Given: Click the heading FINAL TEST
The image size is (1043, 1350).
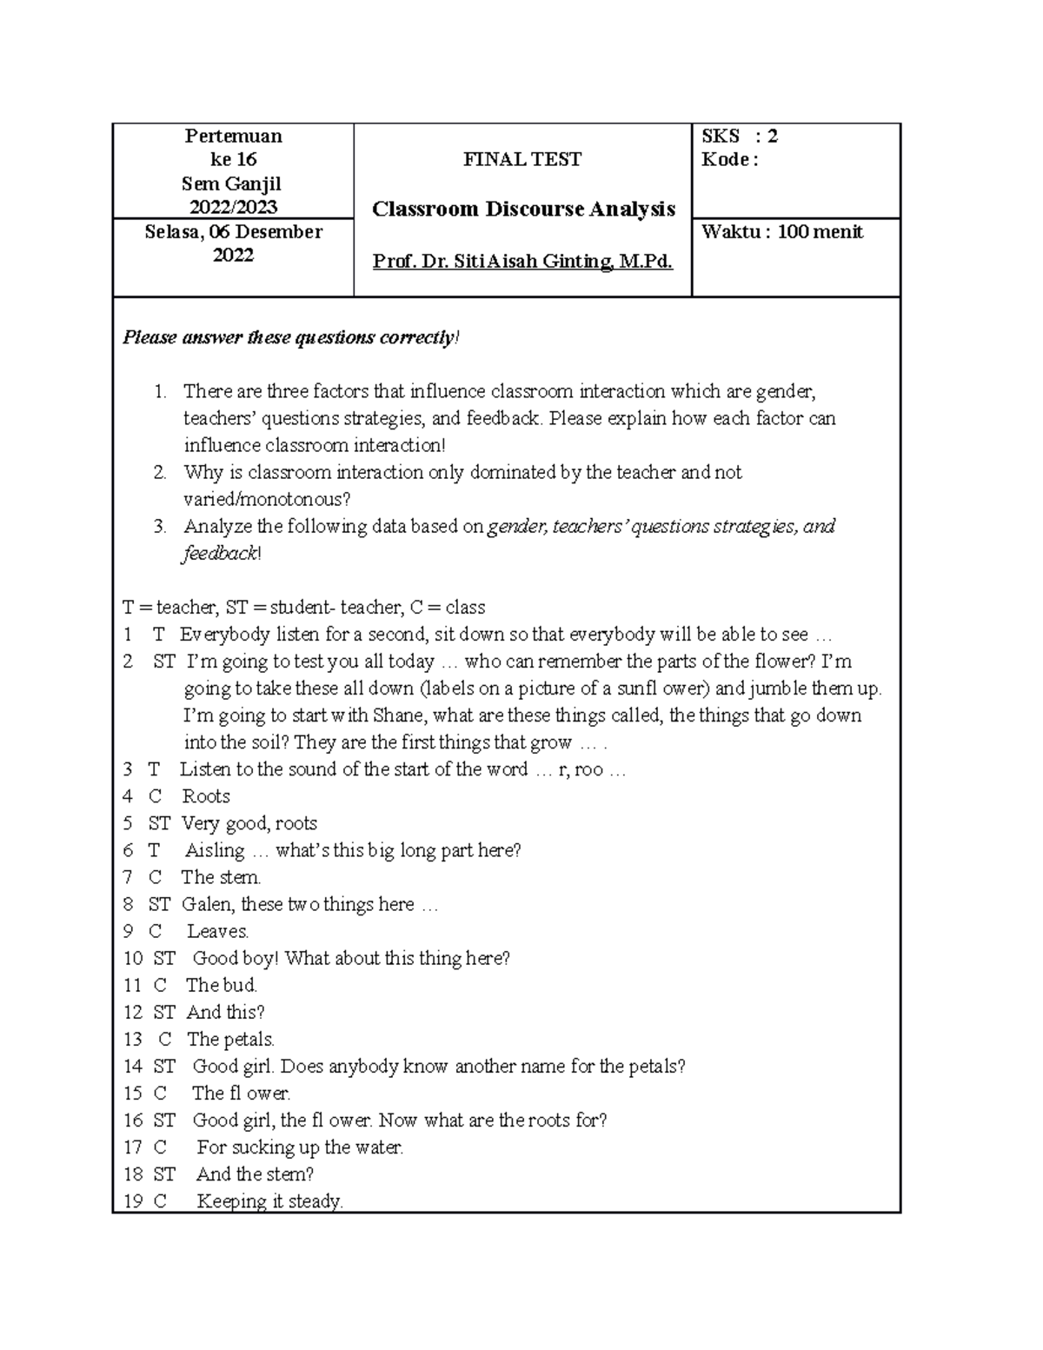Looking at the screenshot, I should (522, 159).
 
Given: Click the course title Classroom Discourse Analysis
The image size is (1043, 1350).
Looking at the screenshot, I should (523, 209).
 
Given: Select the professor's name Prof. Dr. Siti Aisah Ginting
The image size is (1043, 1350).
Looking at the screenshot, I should (522, 261).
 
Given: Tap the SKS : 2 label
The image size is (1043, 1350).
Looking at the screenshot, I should (739, 136).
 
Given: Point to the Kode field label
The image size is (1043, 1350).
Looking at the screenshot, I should (729, 159).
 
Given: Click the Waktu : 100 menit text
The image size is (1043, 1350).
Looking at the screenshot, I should (782, 232).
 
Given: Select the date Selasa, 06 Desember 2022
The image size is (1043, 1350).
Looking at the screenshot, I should (233, 243).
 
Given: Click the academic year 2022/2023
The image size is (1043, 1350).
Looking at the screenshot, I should (233, 207).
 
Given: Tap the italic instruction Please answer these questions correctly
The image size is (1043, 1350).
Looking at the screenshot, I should (290, 337).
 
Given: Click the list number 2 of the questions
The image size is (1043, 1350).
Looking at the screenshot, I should (159, 473).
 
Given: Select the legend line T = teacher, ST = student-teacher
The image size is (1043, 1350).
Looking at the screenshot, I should (303, 608).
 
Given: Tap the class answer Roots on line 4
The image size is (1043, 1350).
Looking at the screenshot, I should (206, 796).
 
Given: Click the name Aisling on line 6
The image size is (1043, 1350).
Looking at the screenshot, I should (215, 850).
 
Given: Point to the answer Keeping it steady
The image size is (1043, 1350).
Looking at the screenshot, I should (269, 1201).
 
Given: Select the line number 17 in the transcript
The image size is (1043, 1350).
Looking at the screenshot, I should (133, 1147).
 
